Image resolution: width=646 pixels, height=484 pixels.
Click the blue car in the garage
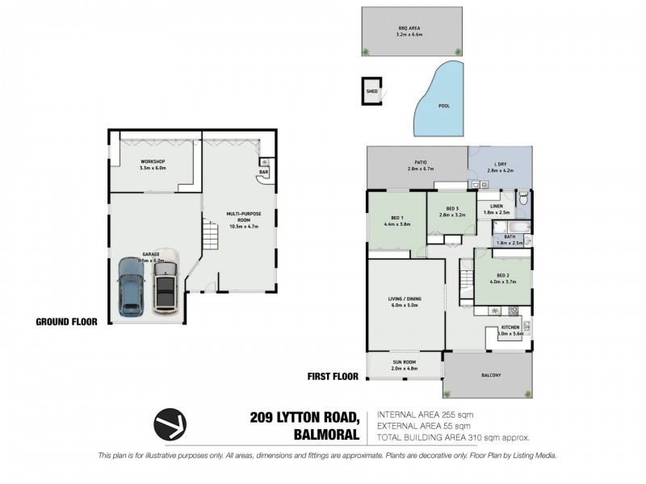pyautogui.click(x=130, y=286)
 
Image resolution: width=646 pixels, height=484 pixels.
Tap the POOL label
pyautogui.click(x=443, y=106)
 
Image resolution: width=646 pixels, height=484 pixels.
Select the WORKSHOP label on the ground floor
pyautogui.click(x=153, y=162)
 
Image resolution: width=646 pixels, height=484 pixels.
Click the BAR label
pyautogui.click(x=263, y=172)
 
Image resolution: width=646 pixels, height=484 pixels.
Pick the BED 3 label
pyautogui.click(x=451, y=210)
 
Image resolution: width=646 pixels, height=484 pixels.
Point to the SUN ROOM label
pyautogui.click(x=405, y=362)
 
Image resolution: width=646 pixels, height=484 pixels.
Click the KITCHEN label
pyautogui.click(x=510, y=327)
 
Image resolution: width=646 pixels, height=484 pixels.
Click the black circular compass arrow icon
pyautogui.click(x=171, y=423)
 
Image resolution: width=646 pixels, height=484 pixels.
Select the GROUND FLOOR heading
pyautogui.click(x=66, y=321)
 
